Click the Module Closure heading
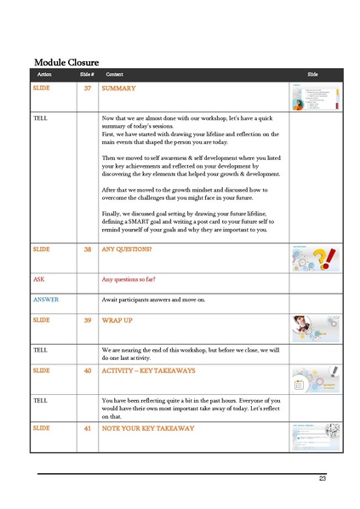click(66, 62)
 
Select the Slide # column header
click(86, 76)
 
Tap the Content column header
click(114, 76)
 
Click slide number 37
click(88, 89)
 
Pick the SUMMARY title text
click(118, 89)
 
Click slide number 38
click(88, 249)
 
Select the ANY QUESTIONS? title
click(127, 249)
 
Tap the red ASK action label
click(39, 279)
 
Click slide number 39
click(88, 320)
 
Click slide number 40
click(88, 371)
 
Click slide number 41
click(88, 428)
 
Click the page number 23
click(323, 478)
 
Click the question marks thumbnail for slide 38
click(316, 258)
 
